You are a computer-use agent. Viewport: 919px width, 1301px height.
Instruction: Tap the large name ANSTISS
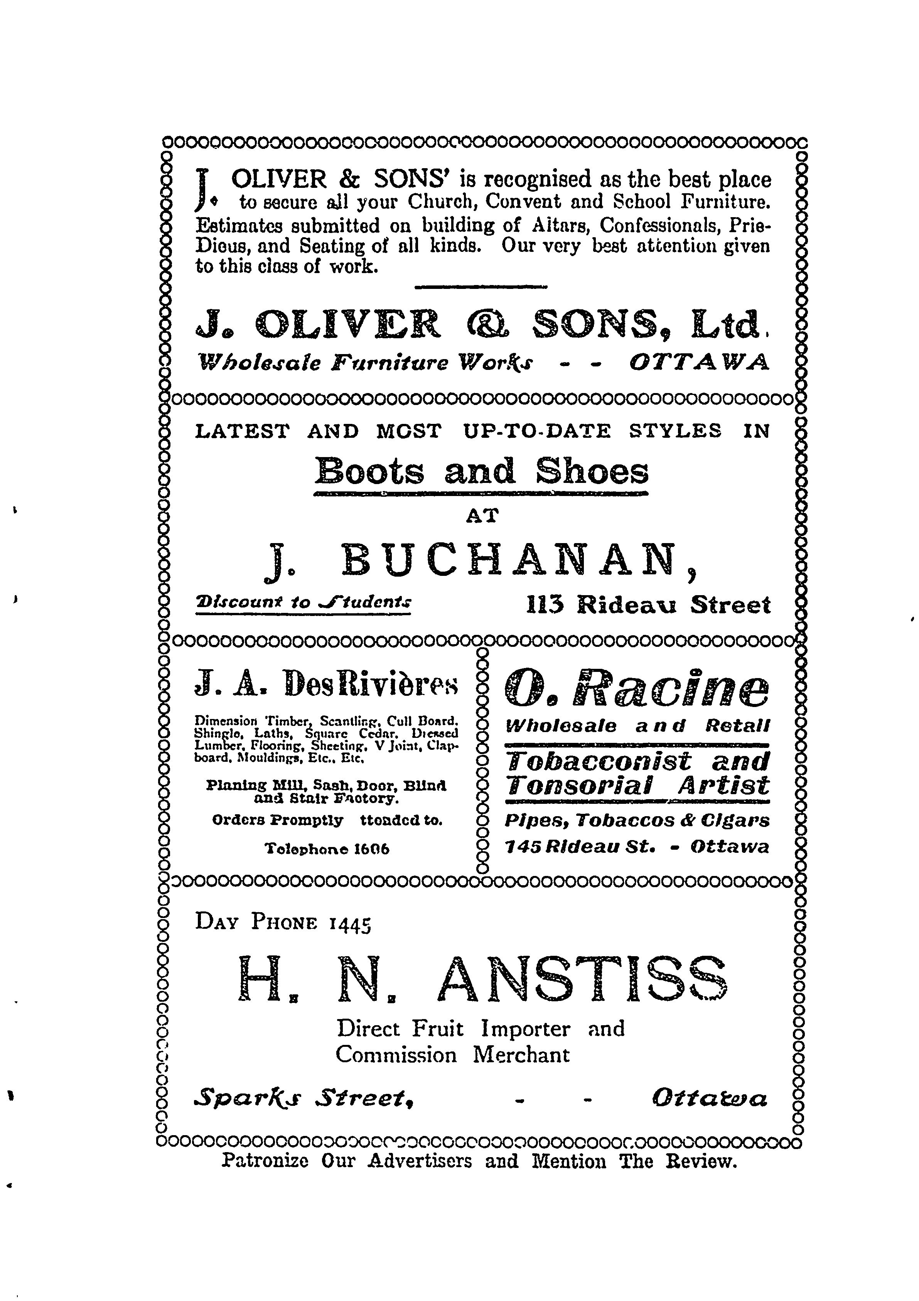582,979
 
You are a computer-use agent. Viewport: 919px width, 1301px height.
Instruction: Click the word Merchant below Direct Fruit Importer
521,1055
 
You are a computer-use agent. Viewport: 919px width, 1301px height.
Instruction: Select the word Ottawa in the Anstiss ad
709,1099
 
